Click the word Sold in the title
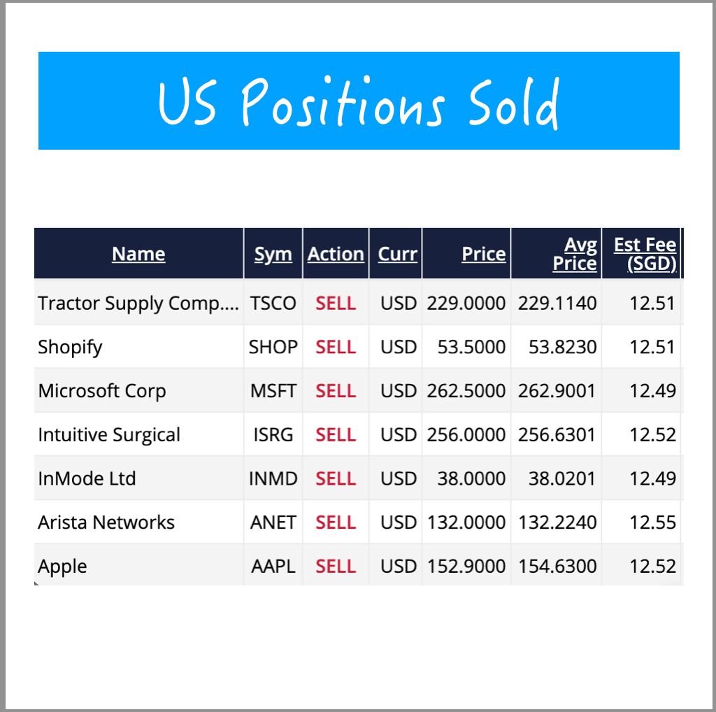click(514, 103)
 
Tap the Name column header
click(138, 254)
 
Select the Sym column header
click(273, 254)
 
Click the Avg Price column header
click(575, 254)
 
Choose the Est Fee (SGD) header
click(645, 254)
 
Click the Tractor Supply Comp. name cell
click(138, 304)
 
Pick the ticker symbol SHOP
click(273, 348)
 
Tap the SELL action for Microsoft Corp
click(336, 391)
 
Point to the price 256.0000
click(466, 435)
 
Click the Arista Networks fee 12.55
click(652, 522)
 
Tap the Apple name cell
click(63, 567)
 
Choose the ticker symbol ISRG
click(273, 435)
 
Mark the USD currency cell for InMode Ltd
click(399, 479)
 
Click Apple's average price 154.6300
click(557, 567)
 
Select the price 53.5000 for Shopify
click(471, 348)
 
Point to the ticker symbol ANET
click(273, 522)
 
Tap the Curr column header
click(398, 254)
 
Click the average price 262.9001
click(557, 391)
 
